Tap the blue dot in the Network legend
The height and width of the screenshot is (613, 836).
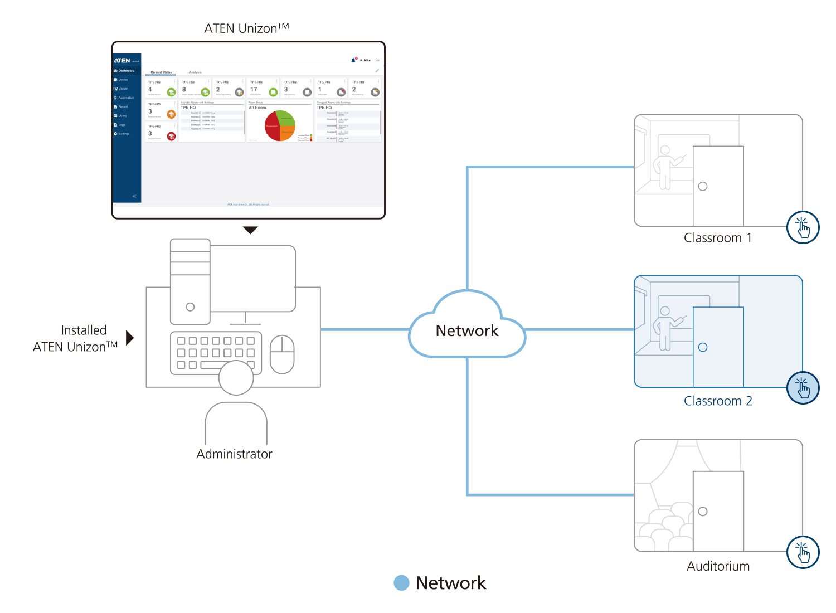point(401,583)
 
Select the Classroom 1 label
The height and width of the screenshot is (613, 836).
point(718,238)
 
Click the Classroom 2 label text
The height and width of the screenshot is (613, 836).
point(718,401)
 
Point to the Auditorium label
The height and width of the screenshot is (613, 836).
point(718,566)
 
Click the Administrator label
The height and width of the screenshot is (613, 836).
point(234,454)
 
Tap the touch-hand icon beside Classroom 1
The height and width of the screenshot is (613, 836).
point(803,227)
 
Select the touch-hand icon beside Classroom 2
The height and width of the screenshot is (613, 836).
point(803,388)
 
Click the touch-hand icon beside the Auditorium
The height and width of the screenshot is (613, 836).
point(803,552)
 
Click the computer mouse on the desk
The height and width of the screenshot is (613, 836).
point(282,354)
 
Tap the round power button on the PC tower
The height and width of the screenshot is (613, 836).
point(190,307)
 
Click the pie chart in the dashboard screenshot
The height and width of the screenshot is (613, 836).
point(280,125)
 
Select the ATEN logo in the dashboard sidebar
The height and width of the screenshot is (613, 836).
point(123,60)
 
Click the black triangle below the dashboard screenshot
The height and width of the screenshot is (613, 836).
point(251,230)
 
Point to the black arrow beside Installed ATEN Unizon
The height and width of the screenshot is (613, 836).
point(130,338)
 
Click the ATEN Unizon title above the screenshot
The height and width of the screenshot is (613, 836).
point(246,28)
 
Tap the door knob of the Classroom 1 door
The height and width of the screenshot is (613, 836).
point(703,186)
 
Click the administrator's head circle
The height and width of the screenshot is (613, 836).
point(236,378)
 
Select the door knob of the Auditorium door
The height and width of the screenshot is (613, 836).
point(703,512)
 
